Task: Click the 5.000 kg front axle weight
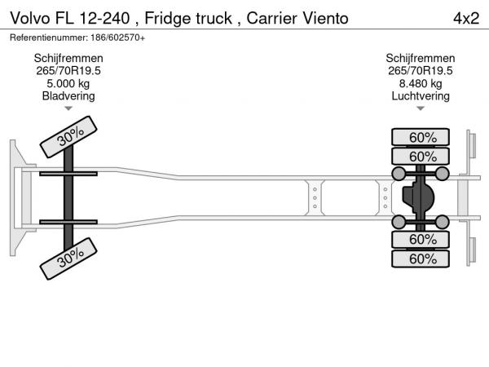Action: click(68, 83)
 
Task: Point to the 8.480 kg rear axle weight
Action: click(421, 83)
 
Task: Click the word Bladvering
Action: click(68, 95)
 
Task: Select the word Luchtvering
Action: click(421, 95)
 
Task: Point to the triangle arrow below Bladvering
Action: click(68, 108)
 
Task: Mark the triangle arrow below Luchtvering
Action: click(421, 108)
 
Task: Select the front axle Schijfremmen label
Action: click(68, 59)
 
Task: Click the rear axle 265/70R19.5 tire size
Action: click(421, 71)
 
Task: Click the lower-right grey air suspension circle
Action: click(443, 222)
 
